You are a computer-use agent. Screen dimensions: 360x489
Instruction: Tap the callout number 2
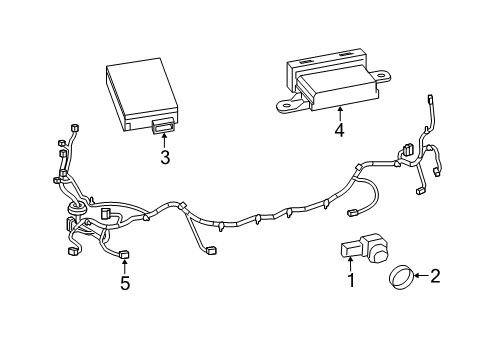click(x=435, y=275)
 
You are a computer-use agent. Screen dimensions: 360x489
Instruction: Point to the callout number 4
click(x=339, y=129)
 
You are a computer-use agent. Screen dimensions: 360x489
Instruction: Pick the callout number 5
click(x=125, y=283)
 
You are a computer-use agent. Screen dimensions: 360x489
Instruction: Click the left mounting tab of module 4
click(x=288, y=103)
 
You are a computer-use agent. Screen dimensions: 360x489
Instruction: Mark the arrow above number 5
click(x=125, y=268)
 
